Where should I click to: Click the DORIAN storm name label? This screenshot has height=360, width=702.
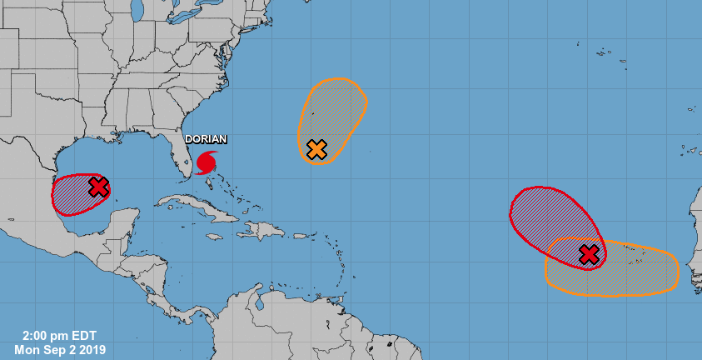pyautogui.click(x=205, y=140)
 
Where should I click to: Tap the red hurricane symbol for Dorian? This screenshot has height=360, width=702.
pyautogui.click(x=206, y=162)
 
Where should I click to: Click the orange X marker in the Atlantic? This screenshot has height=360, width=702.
pyautogui.click(x=316, y=149)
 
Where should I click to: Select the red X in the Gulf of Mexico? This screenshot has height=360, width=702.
pyautogui.click(x=98, y=187)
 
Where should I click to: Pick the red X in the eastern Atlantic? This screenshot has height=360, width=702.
pyautogui.click(x=589, y=254)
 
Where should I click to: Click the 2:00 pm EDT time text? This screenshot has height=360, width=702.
pyautogui.click(x=59, y=336)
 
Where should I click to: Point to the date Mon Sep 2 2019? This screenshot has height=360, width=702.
pyautogui.click(x=59, y=349)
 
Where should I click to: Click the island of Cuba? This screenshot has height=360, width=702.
pyautogui.click(x=200, y=209)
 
